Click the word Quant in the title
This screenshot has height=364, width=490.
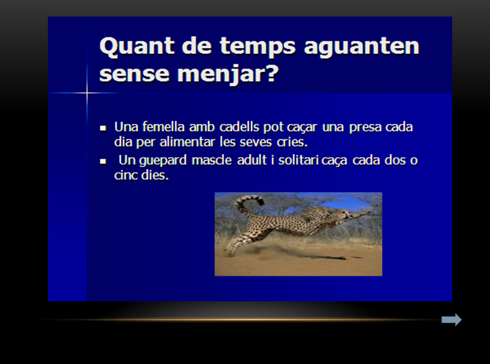(x=137, y=47)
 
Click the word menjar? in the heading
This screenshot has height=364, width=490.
(x=228, y=74)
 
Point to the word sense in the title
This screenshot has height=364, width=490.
(x=134, y=74)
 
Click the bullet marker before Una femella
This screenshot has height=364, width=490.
(x=103, y=128)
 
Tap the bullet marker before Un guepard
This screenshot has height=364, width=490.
(x=103, y=161)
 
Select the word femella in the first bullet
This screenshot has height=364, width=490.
(x=164, y=127)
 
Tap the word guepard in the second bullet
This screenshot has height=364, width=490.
(x=163, y=161)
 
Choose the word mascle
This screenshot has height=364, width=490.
(x=212, y=160)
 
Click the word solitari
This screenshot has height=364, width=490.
(x=298, y=160)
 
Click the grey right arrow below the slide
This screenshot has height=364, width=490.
(x=452, y=320)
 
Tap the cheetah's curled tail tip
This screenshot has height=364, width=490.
(x=260, y=202)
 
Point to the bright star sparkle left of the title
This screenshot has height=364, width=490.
(x=87, y=93)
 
